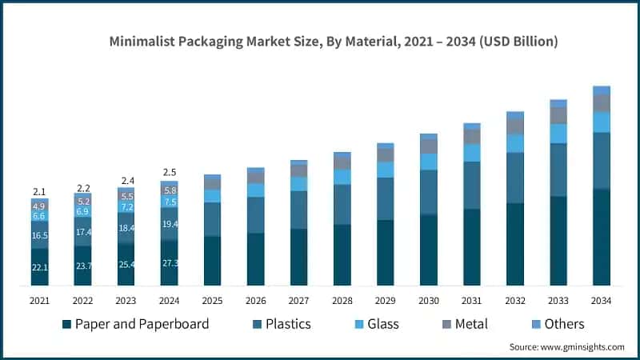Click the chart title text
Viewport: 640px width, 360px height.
334,40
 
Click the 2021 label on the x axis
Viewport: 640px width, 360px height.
39,300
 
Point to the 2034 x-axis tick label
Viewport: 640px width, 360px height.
602,300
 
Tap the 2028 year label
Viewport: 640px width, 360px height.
342,300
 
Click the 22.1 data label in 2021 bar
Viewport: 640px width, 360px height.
39,267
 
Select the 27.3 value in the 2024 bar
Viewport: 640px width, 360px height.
169,263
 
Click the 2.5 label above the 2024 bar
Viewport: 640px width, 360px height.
169,172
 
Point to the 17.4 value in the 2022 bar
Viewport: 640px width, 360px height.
83,232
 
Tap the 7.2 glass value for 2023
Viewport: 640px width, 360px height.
126,207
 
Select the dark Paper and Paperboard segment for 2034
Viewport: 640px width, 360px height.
602,237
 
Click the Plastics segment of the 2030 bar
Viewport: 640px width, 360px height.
429,192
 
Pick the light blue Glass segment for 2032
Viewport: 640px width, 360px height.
515,143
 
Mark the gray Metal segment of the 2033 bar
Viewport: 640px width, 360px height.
558,115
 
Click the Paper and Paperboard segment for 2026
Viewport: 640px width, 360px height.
255,259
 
